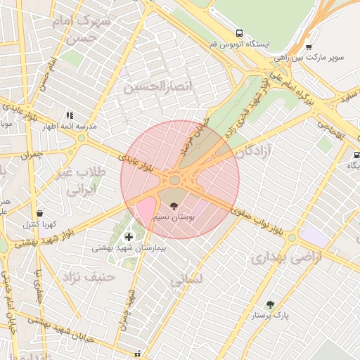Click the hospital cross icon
(128, 236)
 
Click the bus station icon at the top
(240, 33)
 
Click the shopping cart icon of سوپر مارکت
(309, 47)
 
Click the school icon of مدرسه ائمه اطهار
(70, 115)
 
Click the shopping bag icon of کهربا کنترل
(39, 213)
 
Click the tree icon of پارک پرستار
(270, 304)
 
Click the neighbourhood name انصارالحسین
(153, 88)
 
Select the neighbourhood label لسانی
(186, 279)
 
